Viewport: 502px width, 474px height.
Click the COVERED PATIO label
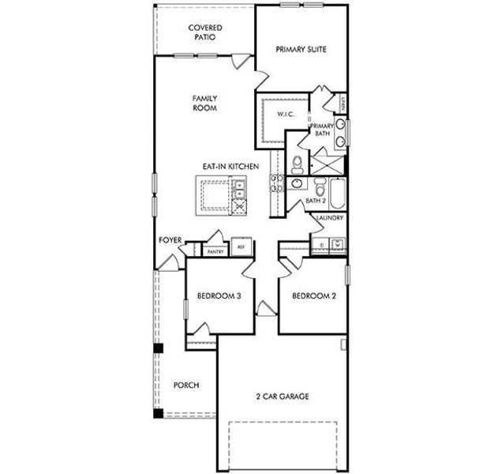coord(204,32)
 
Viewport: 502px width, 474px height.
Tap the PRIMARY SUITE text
coord(302,49)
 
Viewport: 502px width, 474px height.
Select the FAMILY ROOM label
coord(204,103)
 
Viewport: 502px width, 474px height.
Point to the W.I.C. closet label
coord(285,115)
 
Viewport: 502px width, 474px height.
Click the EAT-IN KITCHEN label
coord(230,167)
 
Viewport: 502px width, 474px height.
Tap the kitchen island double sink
coord(238,188)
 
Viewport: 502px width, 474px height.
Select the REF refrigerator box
coord(242,248)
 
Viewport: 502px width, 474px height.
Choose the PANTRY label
coord(215,251)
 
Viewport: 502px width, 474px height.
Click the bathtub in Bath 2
coord(338,194)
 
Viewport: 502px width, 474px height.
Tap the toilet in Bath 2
coord(320,189)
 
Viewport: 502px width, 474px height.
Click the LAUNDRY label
coord(330,217)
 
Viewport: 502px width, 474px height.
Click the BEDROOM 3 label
coord(218,296)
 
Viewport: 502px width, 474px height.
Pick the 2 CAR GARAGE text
coord(282,396)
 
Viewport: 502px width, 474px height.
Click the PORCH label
coord(186,386)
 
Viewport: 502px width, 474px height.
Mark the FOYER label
coord(171,239)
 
